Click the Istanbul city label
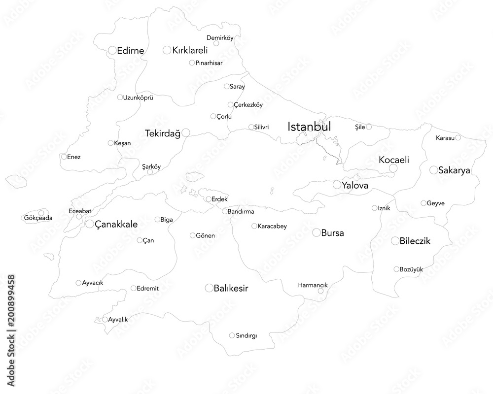309,127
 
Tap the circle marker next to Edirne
112,50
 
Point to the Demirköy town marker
216,43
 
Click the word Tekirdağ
163,133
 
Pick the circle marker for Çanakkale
90,224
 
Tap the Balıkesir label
231,288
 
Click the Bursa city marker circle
316,232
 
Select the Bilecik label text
415,241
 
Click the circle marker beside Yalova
337,185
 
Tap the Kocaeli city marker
393,168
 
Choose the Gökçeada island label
38,218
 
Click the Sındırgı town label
246,336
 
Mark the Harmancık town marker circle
320,291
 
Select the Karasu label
445,138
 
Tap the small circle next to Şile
369,127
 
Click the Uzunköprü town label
138,98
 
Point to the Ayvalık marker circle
105,320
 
